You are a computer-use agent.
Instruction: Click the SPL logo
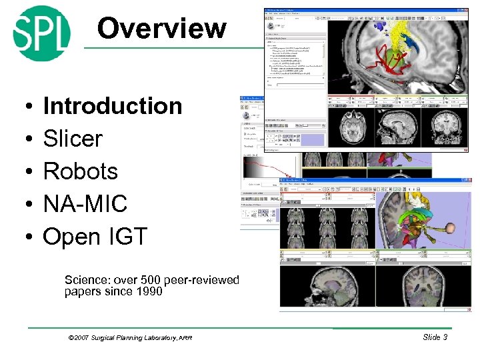41,33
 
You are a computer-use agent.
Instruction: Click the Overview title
161,29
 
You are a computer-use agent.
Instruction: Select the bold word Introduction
112,106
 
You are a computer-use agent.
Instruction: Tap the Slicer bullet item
73,139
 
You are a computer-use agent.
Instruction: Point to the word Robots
80,171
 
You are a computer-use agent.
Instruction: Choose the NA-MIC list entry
85,204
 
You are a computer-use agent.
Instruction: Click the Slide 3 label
435,337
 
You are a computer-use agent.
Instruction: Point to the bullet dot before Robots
23,172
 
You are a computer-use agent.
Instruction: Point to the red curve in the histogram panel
267,167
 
